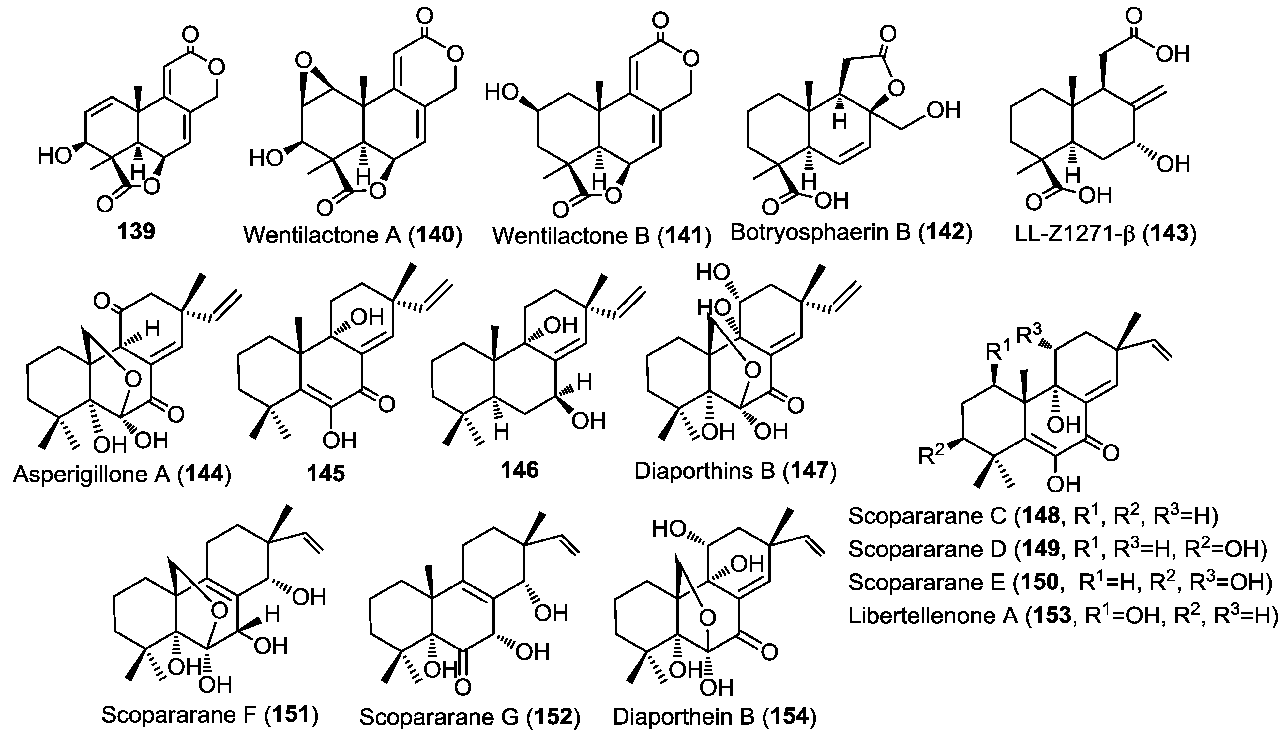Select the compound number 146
[x=519, y=470]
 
